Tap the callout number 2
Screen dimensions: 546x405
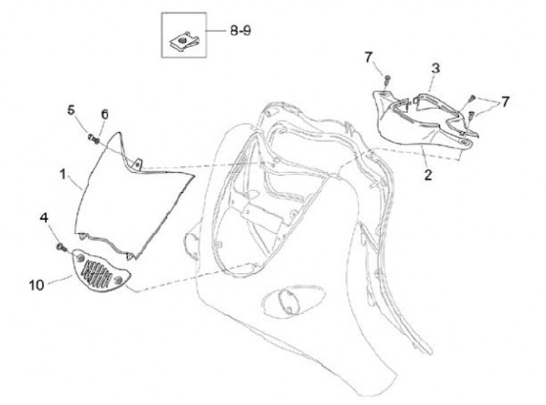[x=428, y=175]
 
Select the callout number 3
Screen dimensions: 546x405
[x=435, y=68]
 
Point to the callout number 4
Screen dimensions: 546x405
[x=44, y=218]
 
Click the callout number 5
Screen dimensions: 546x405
[x=71, y=110]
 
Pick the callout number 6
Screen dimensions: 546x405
[x=105, y=114]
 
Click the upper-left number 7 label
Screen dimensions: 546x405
[x=369, y=56]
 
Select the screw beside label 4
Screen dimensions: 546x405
[x=59, y=248]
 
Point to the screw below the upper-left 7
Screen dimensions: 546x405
[x=386, y=77]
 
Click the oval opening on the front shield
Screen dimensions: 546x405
[x=287, y=300]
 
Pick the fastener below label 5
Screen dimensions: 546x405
[x=92, y=138]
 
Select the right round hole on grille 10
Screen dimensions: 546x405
[x=120, y=283]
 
